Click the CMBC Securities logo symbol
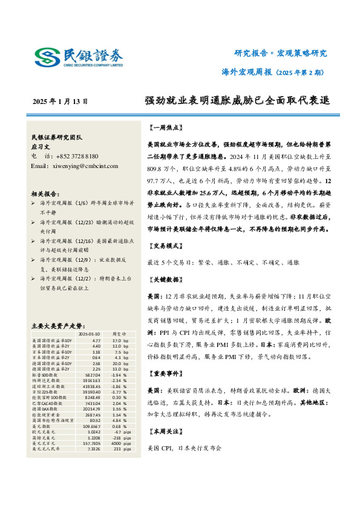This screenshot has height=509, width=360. (47, 57)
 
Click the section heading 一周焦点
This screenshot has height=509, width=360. (165, 128)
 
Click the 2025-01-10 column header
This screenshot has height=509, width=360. (90, 333)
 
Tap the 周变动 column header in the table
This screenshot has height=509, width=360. (120, 333)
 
